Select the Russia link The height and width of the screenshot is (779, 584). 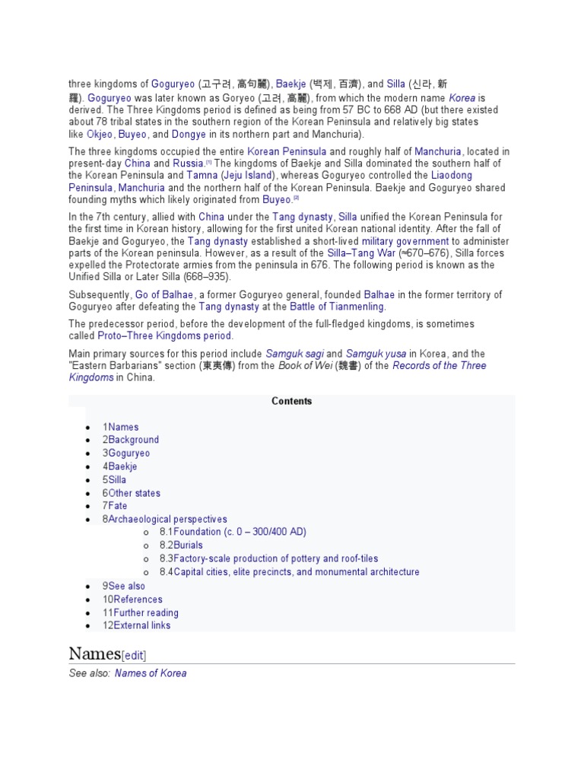(187, 164)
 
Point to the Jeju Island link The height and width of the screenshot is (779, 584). (248, 176)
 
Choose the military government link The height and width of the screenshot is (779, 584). (405, 241)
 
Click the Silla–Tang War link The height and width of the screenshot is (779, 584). (361, 253)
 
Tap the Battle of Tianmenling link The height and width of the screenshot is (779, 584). (337, 307)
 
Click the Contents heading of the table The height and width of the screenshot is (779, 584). (292, 401)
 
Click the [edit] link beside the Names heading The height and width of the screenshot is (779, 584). (134, 655)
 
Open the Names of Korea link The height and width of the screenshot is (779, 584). (151, 673)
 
